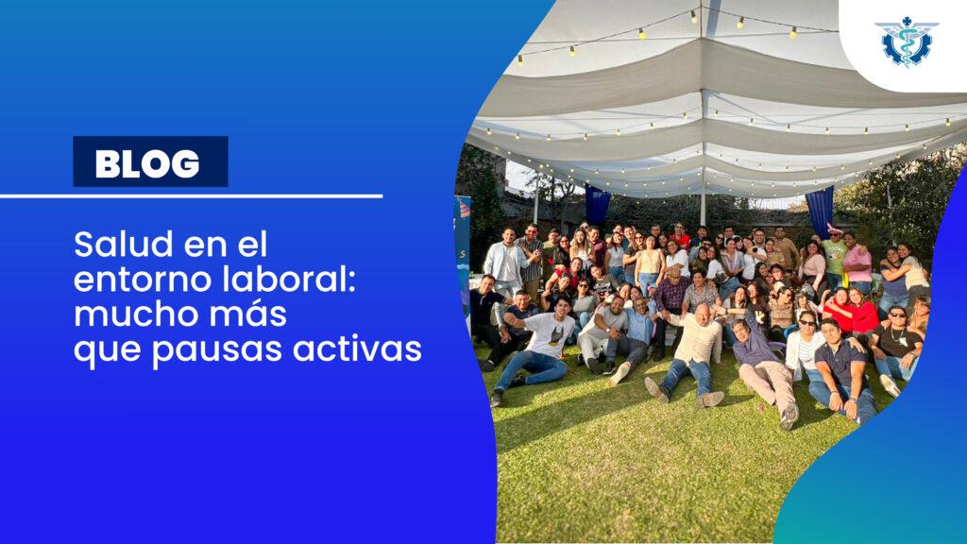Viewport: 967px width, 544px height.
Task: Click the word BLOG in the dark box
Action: (147, 162)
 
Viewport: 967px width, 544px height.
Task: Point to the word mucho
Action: (135, 314)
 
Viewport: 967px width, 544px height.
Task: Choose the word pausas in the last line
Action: (217, 349)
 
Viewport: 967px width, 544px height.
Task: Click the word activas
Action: (357, 348)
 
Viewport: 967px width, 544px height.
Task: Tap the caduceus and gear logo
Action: (907, 42)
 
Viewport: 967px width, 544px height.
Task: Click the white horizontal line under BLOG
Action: (191, 196)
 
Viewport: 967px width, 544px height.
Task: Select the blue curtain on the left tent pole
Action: (597, 205)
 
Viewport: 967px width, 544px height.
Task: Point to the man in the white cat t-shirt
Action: (537, 348)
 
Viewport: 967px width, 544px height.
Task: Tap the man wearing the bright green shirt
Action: (835, 256)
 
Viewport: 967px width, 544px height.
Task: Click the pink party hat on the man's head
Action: (834, 230)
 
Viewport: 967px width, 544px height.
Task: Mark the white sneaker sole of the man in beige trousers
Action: (789, 416)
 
